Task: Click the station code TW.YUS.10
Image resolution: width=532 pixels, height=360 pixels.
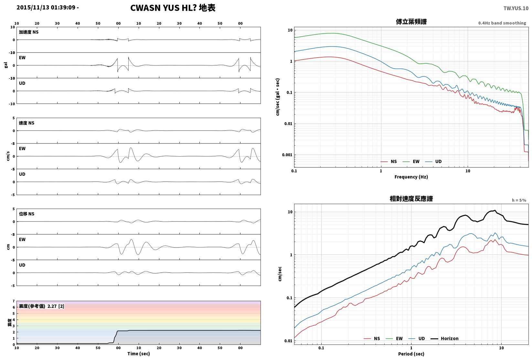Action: coord(516,8)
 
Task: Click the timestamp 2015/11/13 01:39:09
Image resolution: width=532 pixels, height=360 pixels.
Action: coord(46,7)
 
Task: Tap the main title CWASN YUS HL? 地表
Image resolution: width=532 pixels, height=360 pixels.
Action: coord(173,8)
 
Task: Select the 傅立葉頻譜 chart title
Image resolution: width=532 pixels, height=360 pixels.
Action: coord(411,22)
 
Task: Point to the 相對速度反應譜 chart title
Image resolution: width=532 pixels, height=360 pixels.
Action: coord(411,199)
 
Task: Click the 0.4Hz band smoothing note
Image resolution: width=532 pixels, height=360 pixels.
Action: coord(502,23)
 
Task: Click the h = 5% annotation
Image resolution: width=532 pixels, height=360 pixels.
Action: coord(519,200)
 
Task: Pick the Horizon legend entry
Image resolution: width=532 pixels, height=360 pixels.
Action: coord(445,338)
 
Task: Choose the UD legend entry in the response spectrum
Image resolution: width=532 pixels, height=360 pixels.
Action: coord(417,338)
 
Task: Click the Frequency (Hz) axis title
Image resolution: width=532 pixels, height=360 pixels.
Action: coord(411,177)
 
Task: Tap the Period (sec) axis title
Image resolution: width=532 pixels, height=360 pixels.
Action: coord(411,354)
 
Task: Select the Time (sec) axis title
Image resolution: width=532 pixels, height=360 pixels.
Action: coord(139,354)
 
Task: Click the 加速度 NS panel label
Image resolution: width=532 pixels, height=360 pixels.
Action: coord(29,32)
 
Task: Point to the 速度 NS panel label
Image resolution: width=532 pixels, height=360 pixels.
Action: coord(27,123)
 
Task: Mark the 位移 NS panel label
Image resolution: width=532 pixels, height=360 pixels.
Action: coord(27,214)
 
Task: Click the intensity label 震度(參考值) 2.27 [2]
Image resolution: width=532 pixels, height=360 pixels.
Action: coord(42,306)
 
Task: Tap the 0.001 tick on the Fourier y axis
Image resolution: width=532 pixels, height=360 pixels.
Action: coord(287,155)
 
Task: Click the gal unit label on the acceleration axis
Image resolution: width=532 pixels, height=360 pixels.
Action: coord(6,65)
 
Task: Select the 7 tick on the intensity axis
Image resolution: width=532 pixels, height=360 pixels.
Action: coord(14,301)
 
